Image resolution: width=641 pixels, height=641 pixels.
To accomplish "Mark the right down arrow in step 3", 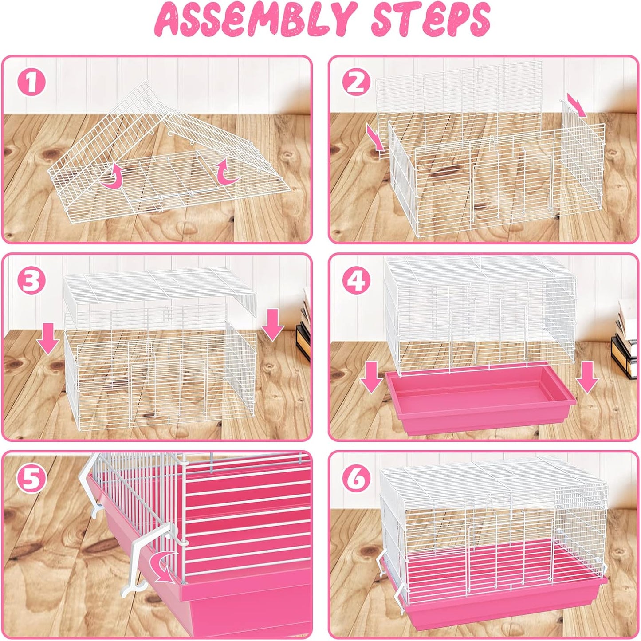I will [x=272, y=327].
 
